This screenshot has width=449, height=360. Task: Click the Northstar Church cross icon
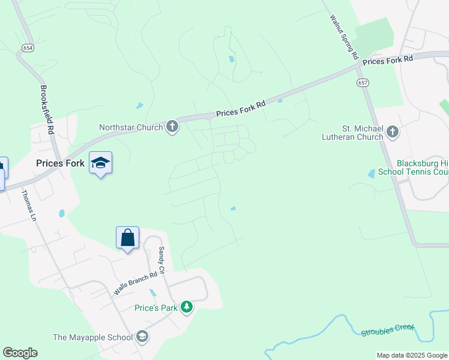[172, 127]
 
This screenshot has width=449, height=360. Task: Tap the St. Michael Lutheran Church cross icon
[393, 131]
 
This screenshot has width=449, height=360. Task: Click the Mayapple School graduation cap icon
[142, 337]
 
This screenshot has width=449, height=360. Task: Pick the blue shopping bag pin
[128, 238]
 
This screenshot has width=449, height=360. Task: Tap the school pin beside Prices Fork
[100, 163]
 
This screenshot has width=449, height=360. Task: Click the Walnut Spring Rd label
[343, 36]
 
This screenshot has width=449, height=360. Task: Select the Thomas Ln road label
[29, 206]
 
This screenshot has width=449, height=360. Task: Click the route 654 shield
[28, 47]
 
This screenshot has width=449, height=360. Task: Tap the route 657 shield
[362, 82]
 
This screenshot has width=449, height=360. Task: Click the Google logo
[20, 353]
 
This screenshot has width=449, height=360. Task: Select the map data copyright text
[412, 355]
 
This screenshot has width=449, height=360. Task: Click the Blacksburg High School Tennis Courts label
[422, 167]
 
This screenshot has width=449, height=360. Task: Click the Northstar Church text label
[131, 127]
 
